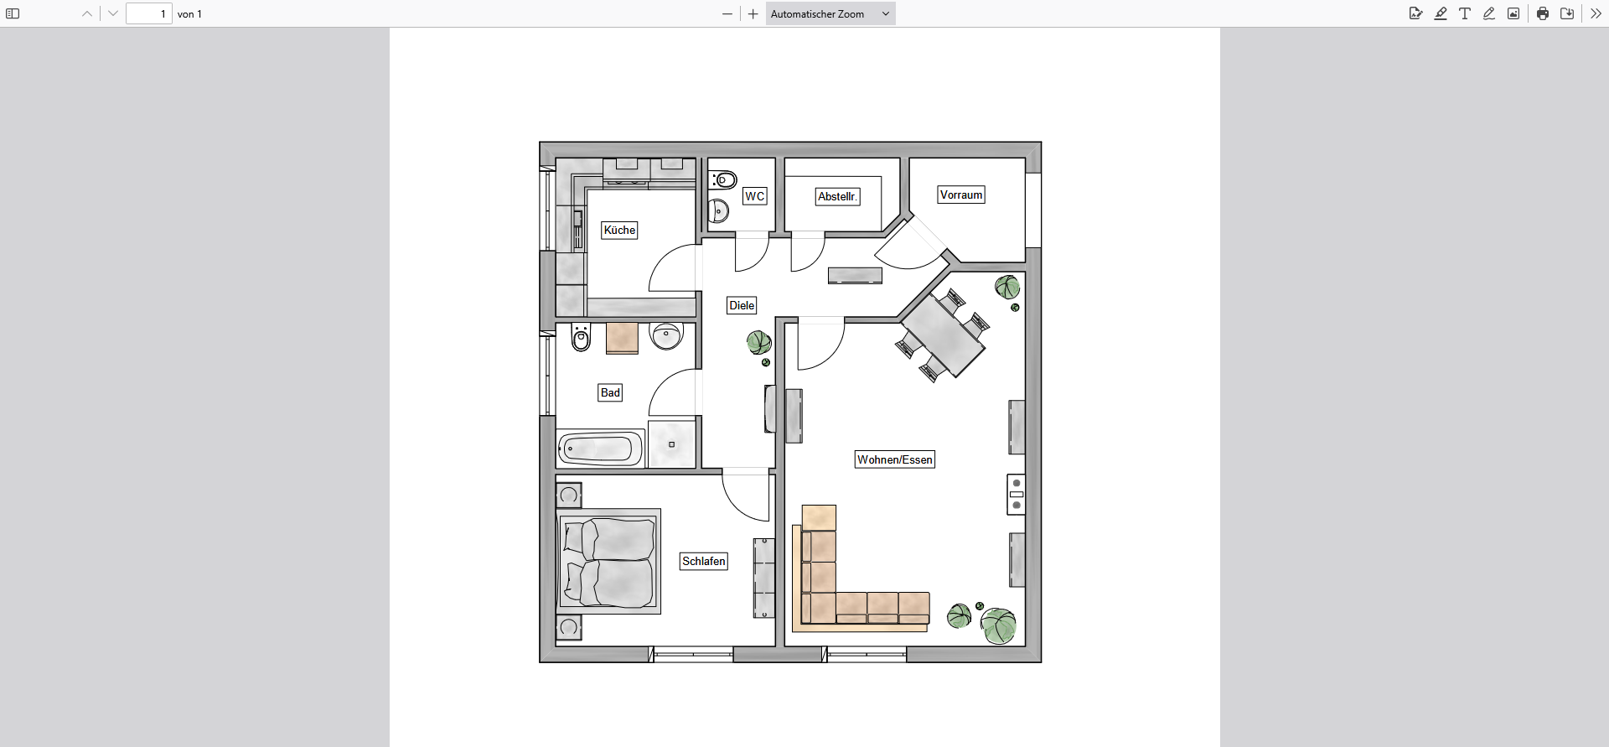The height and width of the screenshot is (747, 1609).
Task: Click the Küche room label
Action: click(x=619, y=231)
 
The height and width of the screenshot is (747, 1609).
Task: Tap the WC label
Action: click(x=754, y=196)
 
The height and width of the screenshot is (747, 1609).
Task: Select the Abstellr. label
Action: click(x=837, y=197)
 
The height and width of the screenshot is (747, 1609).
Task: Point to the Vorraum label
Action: click(x=960, y=195)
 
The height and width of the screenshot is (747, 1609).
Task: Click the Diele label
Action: click(x=742, y=306)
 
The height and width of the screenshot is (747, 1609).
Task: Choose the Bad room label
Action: click(x=610, y=392)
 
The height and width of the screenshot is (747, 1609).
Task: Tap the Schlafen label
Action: click(x=704, y=562)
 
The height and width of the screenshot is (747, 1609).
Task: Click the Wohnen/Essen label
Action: click(x=894, y=459)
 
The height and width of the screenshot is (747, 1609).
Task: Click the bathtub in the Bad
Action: click(x=600, y=449)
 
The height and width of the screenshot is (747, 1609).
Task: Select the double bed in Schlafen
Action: click(x=609, y=561)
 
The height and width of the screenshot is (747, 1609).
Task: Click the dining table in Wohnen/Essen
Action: click(x=943, y=335)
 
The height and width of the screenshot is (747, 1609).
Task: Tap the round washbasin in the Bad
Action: click(x=667, y=335)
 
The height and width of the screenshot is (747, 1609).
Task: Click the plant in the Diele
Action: click(x=759, y=342)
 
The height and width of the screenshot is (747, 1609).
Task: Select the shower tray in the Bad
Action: click(x=672, y=444)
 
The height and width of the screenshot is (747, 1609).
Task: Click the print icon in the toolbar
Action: click(x=1543, y=13)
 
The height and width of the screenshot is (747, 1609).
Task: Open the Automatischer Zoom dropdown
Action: click(x=830, y=13)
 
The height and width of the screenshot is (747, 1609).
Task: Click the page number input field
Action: click(x=149, y=13)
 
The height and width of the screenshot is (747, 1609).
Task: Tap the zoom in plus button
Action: click(x=753, y=13)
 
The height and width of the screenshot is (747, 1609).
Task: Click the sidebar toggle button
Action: click(x=13, y=13)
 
